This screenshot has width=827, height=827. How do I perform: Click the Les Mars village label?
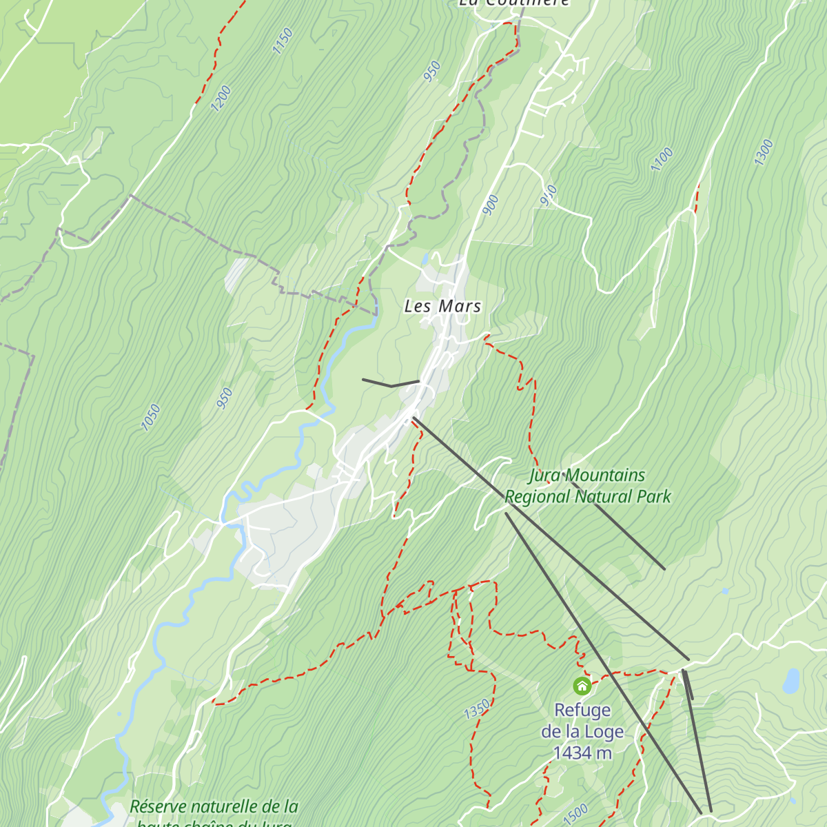[x=442, y=306]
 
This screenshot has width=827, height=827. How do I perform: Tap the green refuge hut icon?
[x=582, y=686]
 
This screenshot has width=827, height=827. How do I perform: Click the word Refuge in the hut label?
[x=582, y=710]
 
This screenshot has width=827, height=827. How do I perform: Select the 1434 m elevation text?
[x=582, y=753]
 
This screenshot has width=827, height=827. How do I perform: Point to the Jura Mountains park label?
[x=587, y=476]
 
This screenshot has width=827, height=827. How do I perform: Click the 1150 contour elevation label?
[x=283, y=41]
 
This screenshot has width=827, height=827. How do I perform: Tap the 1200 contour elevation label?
[x=221, y=99]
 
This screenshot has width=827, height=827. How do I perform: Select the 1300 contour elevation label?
[x=764, y=152]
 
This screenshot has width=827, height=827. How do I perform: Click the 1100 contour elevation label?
[x=662, y=160]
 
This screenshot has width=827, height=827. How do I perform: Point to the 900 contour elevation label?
[x=491, y=205]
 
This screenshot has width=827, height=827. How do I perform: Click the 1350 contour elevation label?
[x=476, y=709]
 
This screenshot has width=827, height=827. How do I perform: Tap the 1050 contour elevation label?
[x=150, y=418]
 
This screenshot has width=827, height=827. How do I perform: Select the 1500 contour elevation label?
[x=575, y=813]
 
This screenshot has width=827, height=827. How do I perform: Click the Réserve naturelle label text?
[x=214, y=806]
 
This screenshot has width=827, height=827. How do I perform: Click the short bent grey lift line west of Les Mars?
[x=391, y=383]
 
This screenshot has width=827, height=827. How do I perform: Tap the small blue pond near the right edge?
[x=791, y=681]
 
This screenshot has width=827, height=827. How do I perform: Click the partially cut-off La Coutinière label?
[x=514, y=3]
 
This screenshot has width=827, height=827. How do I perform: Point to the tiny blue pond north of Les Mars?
[x=425, y=259]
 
